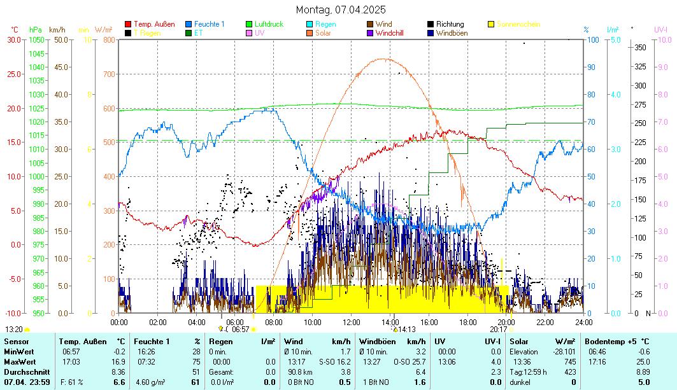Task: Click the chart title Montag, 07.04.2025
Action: [341, 10]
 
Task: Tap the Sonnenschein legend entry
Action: [518, 24]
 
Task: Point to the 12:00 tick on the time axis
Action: [352, 322]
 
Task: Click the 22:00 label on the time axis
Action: [545, 322]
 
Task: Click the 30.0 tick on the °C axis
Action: [14, 39]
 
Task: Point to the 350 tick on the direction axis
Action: [640, 47]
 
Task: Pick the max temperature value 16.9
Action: [118, 361]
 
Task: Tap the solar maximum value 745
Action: [570, 361]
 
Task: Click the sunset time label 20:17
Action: [498, 330]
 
